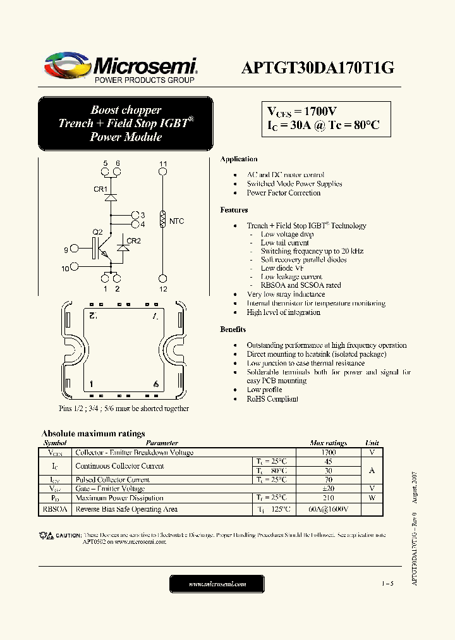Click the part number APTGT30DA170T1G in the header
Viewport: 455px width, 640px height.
point(317,68)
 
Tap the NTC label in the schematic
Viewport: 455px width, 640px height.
point(177,221)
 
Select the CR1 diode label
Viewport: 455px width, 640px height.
point(100,189)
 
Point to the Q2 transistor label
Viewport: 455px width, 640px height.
point(97,231)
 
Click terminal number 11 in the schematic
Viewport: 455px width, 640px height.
point(163,164)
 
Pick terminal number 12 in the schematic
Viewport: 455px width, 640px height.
point(163,289)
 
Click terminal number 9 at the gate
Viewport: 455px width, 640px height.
point(66,250)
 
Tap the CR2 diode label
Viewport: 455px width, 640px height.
point(134,241)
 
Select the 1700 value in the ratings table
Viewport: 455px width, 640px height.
point(329,453)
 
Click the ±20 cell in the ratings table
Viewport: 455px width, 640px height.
point(329,488)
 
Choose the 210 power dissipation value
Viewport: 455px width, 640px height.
point(329,498)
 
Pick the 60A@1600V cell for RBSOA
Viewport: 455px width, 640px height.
point(329,509)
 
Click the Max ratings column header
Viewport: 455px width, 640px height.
point(329,443)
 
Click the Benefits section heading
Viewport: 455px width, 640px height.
point(233,329)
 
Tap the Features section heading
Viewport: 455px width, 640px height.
point(234,210)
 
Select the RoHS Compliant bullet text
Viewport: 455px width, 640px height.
point(272,399)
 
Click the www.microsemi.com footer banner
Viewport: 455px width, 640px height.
point(218,584)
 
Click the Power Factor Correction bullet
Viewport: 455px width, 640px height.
point(283,193)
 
